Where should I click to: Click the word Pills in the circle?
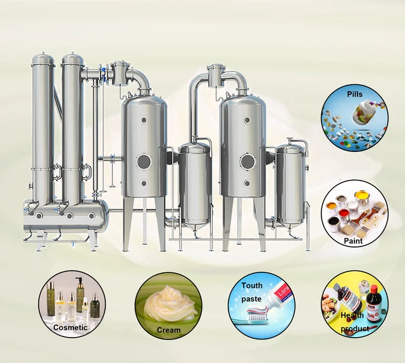[x=355, y=94]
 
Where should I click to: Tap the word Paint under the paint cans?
[x=353, y=241]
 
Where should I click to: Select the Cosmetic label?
[x=70, y=328]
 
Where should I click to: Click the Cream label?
[x=168, y=329]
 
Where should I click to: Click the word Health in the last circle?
[x=352, y=315]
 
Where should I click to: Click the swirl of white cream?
[x=168, y=303]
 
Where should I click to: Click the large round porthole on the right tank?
[x=248, y=162]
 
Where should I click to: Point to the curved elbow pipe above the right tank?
[x=237, y=79]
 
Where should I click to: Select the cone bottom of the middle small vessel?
[x=194, y=226]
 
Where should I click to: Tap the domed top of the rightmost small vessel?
[x=290, y=148]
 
